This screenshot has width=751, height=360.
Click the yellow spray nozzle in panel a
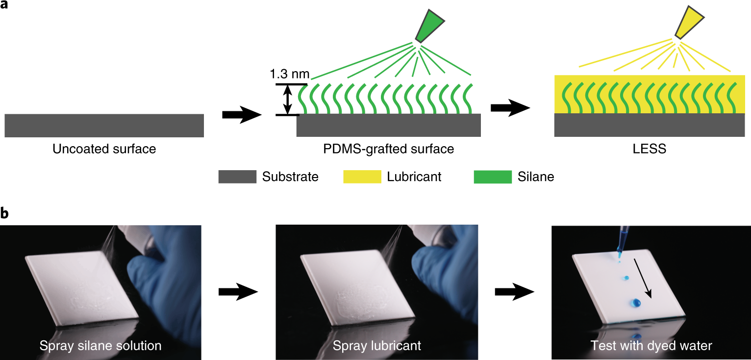tap(688, 22)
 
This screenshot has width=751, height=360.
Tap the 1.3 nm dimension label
tap(290, 74)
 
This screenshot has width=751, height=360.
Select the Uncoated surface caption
tap(104, 149)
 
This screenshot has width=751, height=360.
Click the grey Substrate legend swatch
tap(237, 177)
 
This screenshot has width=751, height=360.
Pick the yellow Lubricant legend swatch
tap(362, 177)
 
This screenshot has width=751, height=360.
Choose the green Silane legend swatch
tap(492, 177)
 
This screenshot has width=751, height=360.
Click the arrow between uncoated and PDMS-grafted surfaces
tap(242, 115)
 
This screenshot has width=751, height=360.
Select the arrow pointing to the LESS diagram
tap(510, 109)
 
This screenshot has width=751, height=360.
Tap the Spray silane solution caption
tap(100, 346)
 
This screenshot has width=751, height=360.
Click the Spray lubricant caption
tap(376, 346)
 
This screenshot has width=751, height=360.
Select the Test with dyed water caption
tap(651, 346)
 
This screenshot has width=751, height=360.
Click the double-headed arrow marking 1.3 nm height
tap(288, 100)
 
